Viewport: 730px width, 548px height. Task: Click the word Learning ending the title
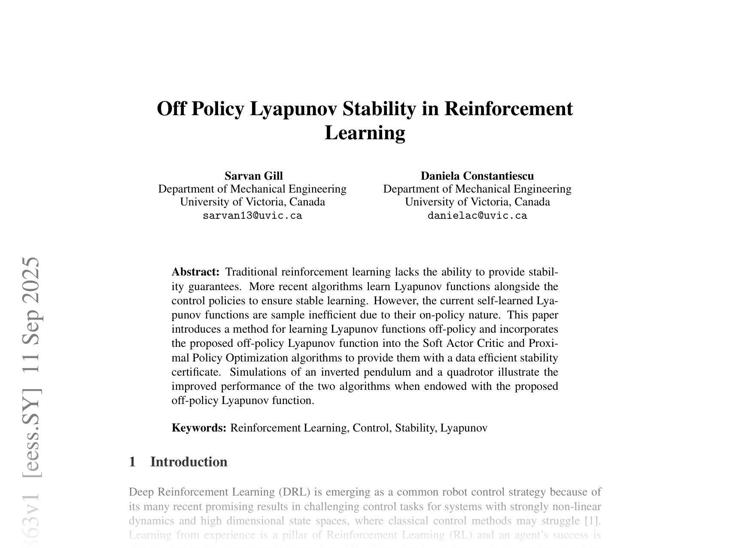point(365,132)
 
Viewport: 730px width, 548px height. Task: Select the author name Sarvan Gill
point(253,176)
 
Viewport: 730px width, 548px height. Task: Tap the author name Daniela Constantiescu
point(477,176)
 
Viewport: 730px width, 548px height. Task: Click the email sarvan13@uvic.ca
point(252,216)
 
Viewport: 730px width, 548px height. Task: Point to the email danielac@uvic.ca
point(477,216)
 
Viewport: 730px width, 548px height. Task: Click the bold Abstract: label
point(195,272)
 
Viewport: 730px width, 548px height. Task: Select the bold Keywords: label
point(199,428)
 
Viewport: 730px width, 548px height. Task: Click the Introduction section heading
point(189,462)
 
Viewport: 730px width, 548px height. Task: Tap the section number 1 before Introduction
point(133,462)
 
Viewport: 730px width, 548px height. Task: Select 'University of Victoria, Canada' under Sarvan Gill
point(252,202)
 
